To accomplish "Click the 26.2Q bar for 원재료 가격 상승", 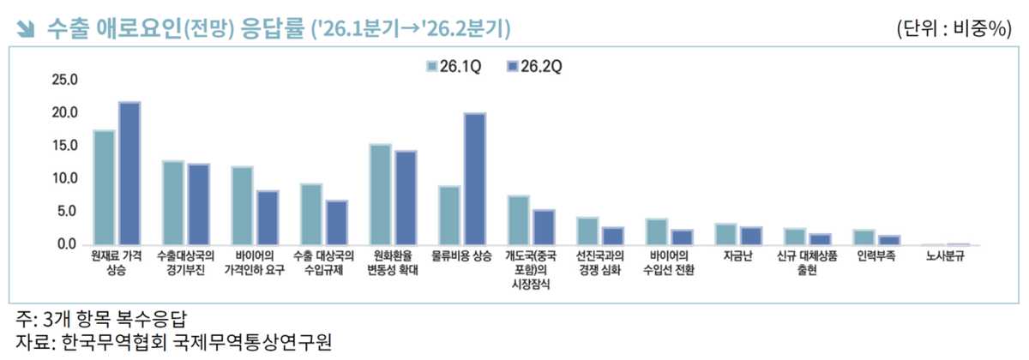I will (x=129, y=174).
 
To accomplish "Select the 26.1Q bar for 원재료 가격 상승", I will (x=105, y=188).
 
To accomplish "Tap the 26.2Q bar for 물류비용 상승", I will (x=475, y=179).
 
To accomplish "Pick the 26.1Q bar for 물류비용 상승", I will (x=450, y=215).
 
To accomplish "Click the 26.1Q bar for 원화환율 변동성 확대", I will (x=381, y=195).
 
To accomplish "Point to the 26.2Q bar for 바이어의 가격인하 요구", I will (x=268, y=218).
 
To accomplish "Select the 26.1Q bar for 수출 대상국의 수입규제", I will (x=311, y=214).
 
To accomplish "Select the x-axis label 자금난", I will (x=737, y=256).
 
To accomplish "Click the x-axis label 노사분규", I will (x=945, y=256).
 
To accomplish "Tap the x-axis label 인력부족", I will (x=876, y=256).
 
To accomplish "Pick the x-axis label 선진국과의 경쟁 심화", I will (x=599, y=263).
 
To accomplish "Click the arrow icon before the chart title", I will (x=26, y=29).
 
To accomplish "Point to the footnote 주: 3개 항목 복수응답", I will (x=101, y=319).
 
